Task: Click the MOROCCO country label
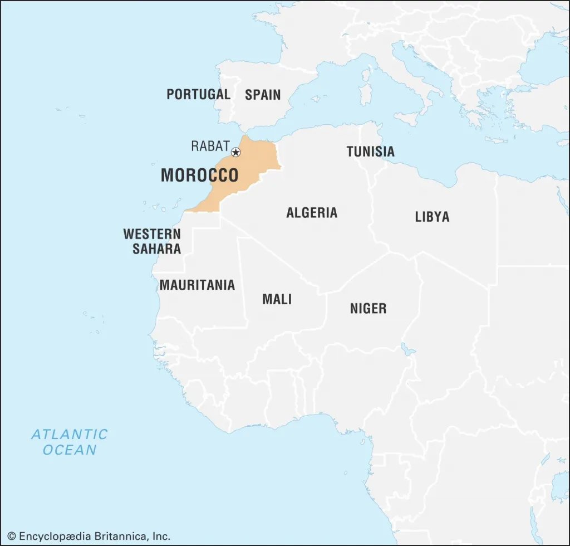click(x=199, y=175)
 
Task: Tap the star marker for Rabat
click(x=236, y=152)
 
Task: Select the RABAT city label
click(x=210, y=146)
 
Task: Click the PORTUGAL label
click(x=198, y=94)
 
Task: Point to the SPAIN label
click(x=263, y=94)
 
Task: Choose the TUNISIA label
click(x=370, y=151)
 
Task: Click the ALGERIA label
click(x=312, y=212)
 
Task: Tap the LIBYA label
click(x=432, y=217)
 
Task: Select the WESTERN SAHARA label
click(x=153, y=241)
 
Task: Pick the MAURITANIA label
click(x=197, y=285)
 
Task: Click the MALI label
click(x=277, y=299)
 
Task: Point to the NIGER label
click(x=368, y=308)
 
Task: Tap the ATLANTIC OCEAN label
click(x=70, y=441)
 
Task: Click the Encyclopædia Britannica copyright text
click(x=89, y=536)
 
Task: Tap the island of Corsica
click(x=367, y=73)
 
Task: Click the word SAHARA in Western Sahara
click(x=156, y=248)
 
